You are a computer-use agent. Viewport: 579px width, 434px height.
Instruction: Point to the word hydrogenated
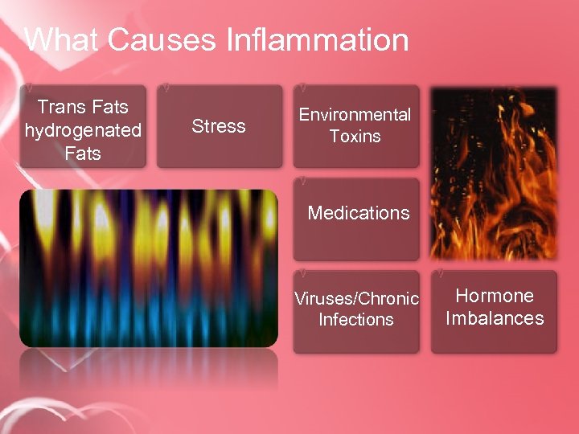(x=83, y=129)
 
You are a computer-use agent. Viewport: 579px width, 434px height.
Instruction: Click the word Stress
(x=219, y=126)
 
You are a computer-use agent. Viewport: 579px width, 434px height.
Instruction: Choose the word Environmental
(x=355, y=115)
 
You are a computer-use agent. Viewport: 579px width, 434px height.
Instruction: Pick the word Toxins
(x=355, y=137)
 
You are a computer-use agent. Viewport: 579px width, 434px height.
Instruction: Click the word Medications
(x=359, y=213)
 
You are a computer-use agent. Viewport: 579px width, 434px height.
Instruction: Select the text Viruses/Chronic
(x=356, y=299)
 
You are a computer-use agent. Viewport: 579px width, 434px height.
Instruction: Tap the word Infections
(x=356, y=320)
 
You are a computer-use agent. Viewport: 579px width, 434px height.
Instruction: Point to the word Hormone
(x=495, y=296)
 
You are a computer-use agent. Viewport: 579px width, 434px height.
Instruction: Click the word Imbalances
(x=495, y=318)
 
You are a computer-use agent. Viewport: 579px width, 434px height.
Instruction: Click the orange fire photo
(x=493, y=173)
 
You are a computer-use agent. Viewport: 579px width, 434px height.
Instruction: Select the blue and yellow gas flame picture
(x=149, y=268)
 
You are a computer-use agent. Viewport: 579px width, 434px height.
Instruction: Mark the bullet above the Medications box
(x=301, y=178)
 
